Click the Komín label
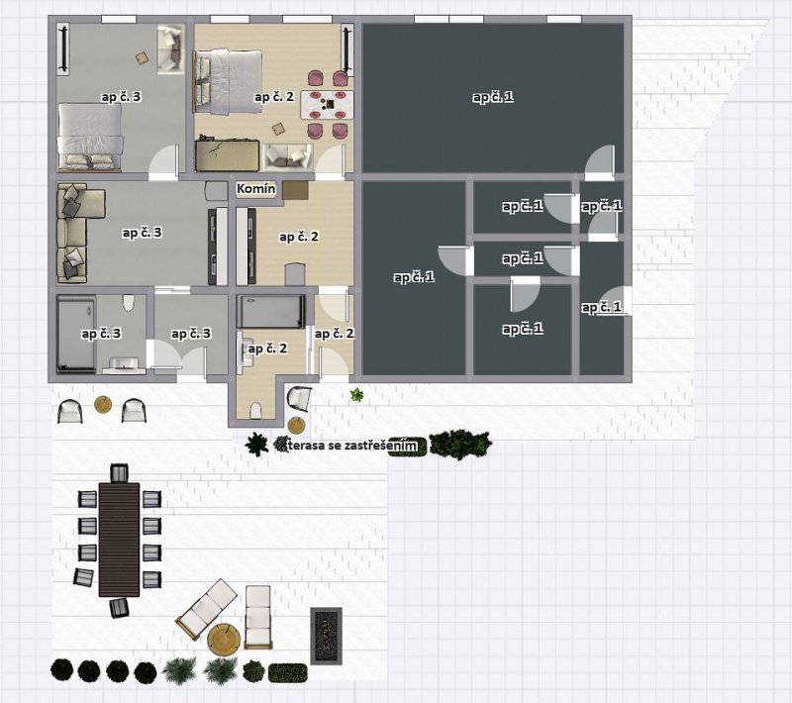[256, 189]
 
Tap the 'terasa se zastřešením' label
[352, 446]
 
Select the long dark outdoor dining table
[119, 540]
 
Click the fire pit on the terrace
[326, 636]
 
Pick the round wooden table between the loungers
[223, 640]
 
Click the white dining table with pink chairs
[327, 105]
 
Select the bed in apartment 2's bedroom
[228, 81]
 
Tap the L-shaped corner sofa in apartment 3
[80, 233]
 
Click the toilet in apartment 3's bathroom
[129, 302]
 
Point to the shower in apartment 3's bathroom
[76, 334]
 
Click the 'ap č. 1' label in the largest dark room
[493, 97]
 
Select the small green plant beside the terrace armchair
[356, 394]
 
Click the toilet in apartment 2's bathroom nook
[256, 410]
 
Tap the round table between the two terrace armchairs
[103, 405]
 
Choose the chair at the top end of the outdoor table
[119, 473]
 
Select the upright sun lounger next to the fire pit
[258, 617]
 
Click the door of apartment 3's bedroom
[164, 160]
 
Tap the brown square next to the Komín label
[295, 190]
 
